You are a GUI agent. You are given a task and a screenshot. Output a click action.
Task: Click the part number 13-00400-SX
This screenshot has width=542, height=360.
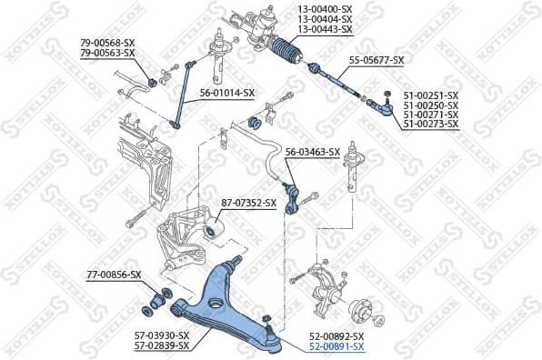click(x=326, y=10)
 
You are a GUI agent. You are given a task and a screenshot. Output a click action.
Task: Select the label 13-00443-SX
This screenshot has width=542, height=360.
click(x=326, y=30)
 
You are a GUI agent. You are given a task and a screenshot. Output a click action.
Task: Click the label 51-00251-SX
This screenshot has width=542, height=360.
click(x=432, y=95)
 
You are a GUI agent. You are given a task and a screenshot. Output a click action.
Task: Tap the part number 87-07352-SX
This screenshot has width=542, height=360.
click(x=248, y=202)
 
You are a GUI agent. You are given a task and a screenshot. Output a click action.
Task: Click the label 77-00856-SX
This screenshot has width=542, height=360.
click(x=114, y=274)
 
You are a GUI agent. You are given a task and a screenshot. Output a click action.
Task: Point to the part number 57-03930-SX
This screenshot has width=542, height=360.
click(x=161, y=335)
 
